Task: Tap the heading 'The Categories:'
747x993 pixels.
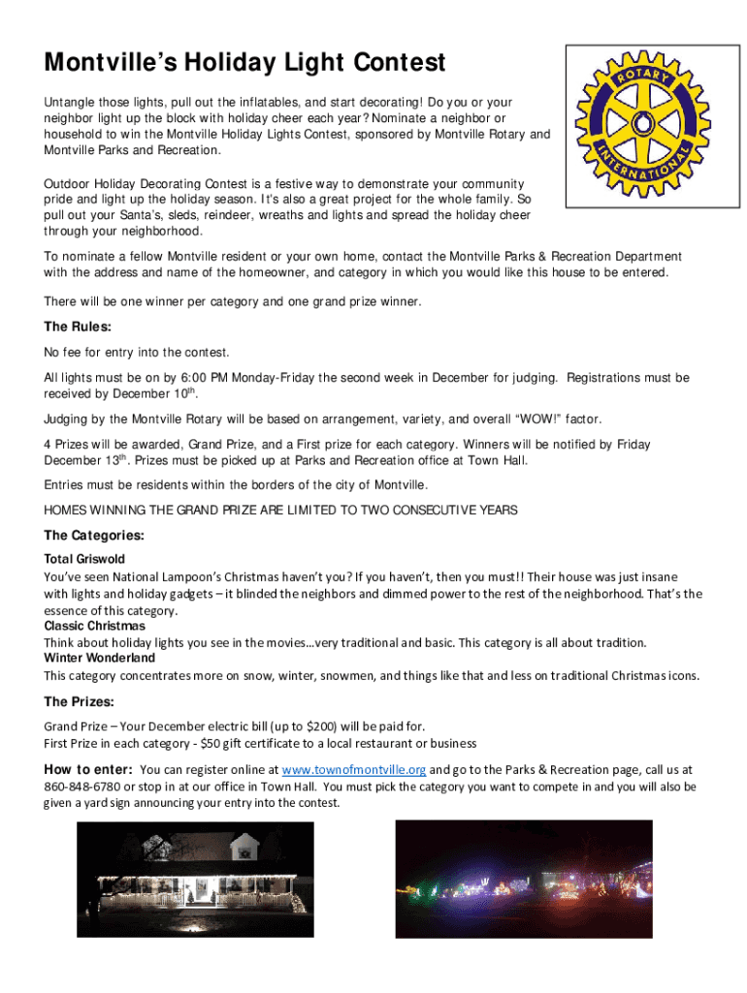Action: [x=94, y=535]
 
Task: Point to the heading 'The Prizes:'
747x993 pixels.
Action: [x=79, y=701]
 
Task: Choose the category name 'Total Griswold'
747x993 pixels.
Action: [x=84, y=560]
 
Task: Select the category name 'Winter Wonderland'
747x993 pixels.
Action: [x=100, y=658]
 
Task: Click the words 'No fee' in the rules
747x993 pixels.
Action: [x=61, y=352]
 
